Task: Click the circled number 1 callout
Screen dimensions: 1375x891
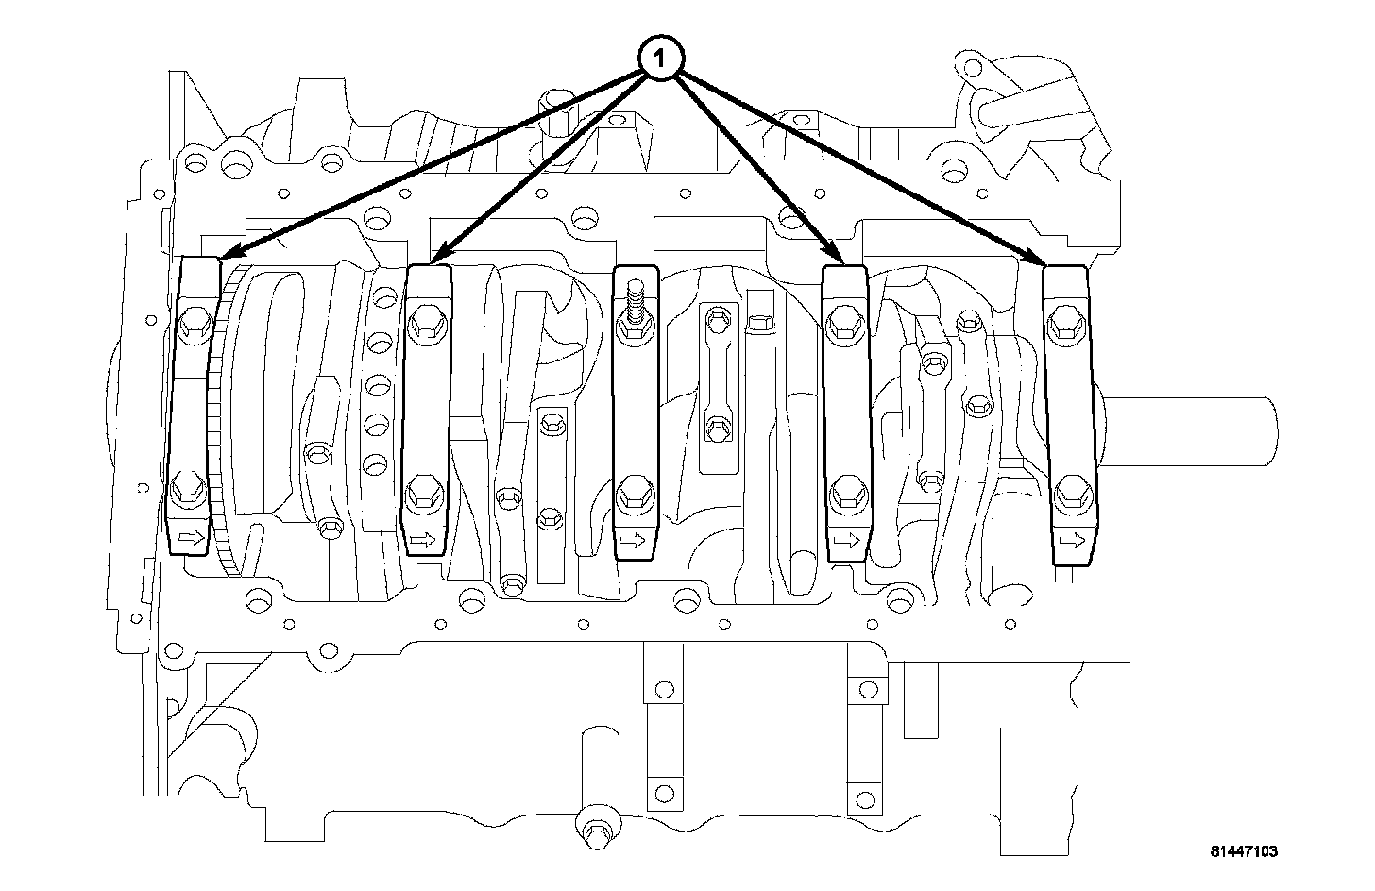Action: click(660, 59)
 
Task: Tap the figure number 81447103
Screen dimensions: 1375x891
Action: click(1244, 851)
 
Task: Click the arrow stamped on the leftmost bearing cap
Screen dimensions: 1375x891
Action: click(191, 538)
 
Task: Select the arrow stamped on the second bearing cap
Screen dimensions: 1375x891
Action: click(422, 541)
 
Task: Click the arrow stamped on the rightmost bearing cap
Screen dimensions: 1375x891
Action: click(1071, 541)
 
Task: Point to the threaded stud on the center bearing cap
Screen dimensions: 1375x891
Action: click(636, 307)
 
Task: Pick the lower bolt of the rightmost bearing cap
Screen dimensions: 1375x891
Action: click(1070, 491)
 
